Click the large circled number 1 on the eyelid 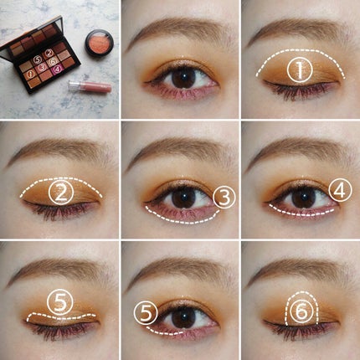click(x=299, y=70)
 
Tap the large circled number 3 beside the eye click(x=224, y=198)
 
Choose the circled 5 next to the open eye click(x=148, y=313)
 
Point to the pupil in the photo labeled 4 click(x=301, y=198)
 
